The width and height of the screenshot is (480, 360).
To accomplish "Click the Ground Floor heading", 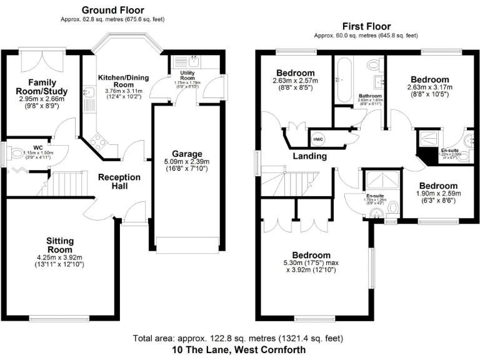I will coord(112,10).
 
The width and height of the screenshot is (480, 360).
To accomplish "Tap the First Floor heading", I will coord(366,26).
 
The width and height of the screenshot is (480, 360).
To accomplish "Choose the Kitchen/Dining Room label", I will coord(124,80).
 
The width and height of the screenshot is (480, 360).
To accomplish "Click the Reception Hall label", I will coord(119,182).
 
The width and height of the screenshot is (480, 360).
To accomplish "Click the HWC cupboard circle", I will coord(317,138).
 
